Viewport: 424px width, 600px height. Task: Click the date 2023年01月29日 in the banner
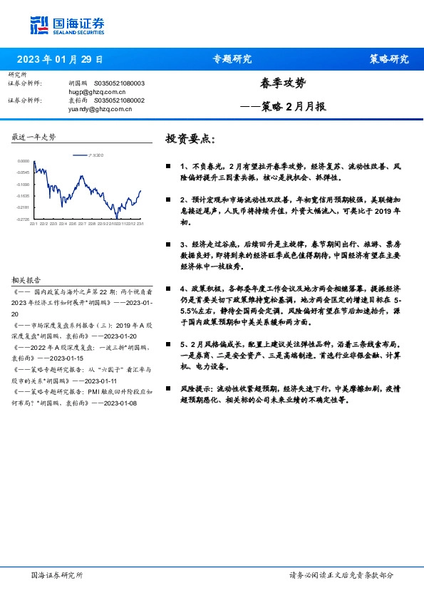point(59,59)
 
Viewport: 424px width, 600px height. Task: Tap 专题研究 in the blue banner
point(232,59)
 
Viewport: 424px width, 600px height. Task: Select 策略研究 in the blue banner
point(389,59)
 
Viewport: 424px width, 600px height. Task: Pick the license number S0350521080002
point(119,101)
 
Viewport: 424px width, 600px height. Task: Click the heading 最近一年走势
point(33,137)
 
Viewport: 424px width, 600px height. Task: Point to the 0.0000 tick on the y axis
point(24,162)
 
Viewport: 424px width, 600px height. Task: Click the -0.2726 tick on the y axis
point(24,219)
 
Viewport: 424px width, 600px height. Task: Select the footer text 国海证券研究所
point(58,574)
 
